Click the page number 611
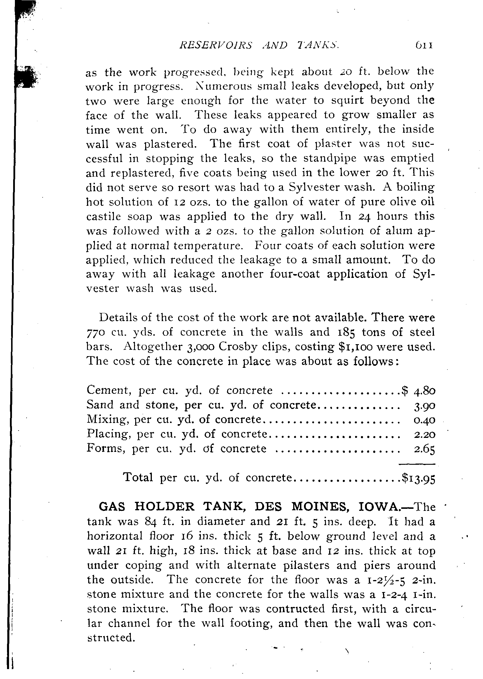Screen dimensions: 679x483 click(424, 46)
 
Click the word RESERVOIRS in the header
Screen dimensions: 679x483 click(216, 46)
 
